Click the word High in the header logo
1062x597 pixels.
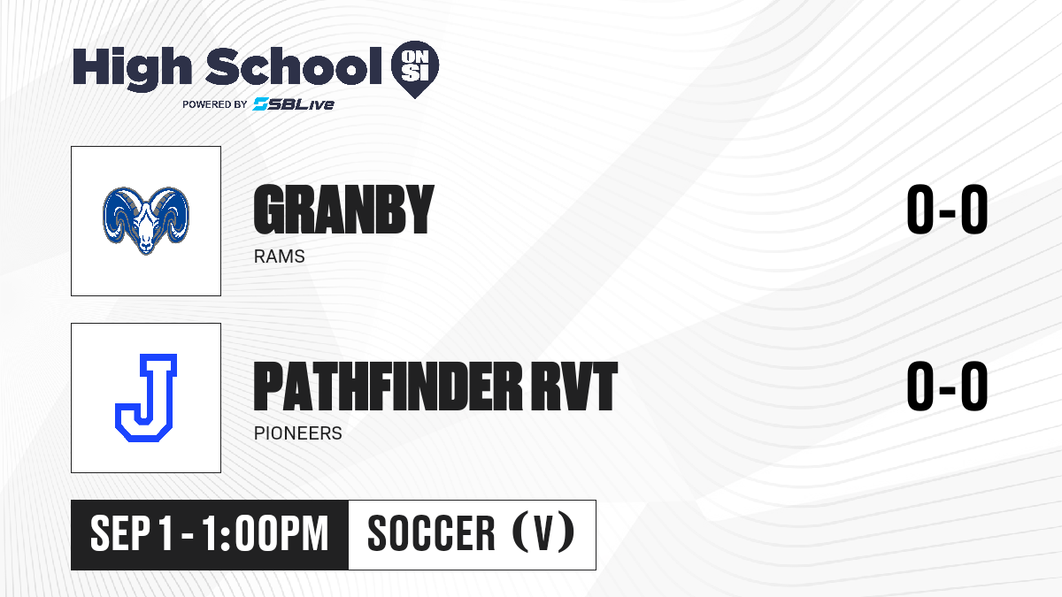click(x=132, y=68)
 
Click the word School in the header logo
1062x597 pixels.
click(x=294, y=66)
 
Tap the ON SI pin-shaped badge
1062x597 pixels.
click(x=415, y=69)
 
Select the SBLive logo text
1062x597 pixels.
click(x=294, y=104)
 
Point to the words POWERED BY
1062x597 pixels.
click(x=215, y=104)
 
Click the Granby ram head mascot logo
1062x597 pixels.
click(x=146, y=221)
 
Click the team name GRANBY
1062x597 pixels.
click(x=343, y=210)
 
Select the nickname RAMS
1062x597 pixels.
click(x=280, y=256)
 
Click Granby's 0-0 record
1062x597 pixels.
click(x=947, y=210)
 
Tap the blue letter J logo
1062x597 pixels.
click(x=146, y=397)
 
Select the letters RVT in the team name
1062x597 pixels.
click(x=574, y=387)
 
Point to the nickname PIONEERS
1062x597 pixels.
click(x=297, y=433)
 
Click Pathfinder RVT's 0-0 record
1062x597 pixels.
click(x=947, y=387)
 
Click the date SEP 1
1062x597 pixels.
click(x=131, y=534)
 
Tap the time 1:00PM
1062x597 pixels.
click(x=265, y=534)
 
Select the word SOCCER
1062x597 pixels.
click(x=431, y=534)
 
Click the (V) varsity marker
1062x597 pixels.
click(x=543, y=533)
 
